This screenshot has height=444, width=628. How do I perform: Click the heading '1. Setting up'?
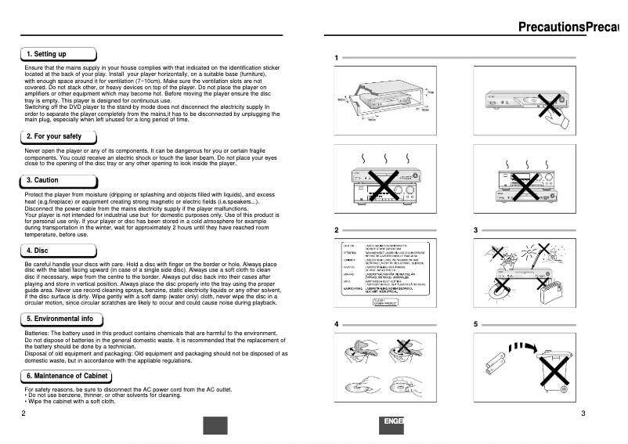(x=46, y=54)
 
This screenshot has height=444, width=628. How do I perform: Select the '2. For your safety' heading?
(x=53, y=136)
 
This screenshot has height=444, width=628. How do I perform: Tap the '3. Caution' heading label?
(x=42, y=180)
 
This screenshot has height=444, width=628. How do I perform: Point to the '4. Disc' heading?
(x=38, y=251)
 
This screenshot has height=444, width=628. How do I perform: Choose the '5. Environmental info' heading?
(x=60, y=319)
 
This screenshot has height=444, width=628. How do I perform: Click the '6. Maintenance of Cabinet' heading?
(x=67, y=377)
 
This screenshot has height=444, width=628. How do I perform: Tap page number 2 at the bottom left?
(x=23, y=413)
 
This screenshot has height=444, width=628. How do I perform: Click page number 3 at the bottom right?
(x=583, y=413)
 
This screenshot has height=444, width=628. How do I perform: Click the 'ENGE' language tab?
(x=394, y=423)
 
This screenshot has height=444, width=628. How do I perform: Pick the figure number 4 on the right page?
(x=337, y=324)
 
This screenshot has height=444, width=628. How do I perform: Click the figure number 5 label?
(x=475, y=324)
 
